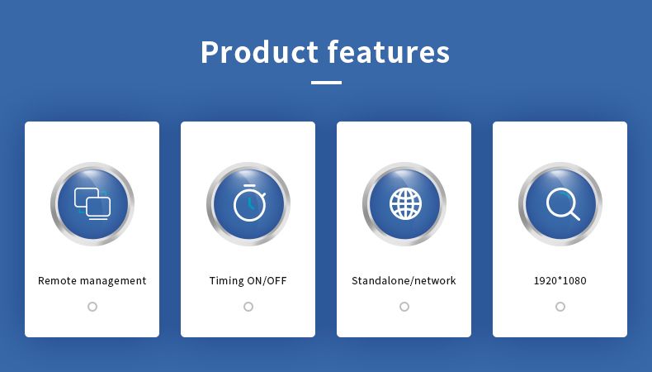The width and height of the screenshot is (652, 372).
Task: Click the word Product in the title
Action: (259, 51)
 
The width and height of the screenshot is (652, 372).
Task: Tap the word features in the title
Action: (389, 51)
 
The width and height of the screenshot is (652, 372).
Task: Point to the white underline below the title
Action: (327, 83)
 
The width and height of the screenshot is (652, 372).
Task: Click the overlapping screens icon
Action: (92, 203)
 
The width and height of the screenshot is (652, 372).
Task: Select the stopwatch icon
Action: (249, 203)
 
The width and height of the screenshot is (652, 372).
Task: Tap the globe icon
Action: (405, 203)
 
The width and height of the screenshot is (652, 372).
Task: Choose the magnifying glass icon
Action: (563, 204)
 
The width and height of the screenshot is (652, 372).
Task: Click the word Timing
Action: (227, 281)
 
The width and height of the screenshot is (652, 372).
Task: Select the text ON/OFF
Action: (267, 281)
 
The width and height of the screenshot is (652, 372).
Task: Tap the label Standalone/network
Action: (404, 281)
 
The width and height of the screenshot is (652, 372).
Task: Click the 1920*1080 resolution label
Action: (560, 281)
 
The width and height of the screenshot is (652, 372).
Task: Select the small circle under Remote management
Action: (92, 307)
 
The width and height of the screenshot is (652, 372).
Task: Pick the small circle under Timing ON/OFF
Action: (248, 307)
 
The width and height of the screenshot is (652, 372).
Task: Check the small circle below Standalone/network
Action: (404, 307)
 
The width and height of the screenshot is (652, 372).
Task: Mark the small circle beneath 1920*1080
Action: (560, 307)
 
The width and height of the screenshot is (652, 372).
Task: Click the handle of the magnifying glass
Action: (574, 216)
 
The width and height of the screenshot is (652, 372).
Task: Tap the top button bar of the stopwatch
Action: (249, 185)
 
